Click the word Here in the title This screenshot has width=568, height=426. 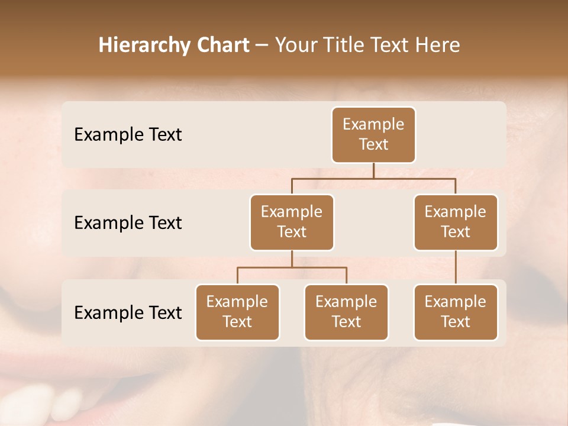click(437, 46)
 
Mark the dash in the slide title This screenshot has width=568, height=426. click(262, 46)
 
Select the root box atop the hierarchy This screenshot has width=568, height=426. click(373, 135)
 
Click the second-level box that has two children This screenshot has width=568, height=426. click(292, 222)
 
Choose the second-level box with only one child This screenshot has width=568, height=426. click(456, 222)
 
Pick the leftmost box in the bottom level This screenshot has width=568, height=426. click(237, 312)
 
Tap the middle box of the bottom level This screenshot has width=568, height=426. click(346, 312)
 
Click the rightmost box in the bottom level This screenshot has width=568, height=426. click(456, 312)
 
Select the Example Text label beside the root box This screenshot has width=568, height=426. click(128, 135)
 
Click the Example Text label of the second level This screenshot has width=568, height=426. click(128, 223)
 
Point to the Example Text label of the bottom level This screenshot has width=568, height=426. click(128, 313)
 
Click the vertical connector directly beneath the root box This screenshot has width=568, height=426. click(373, 170)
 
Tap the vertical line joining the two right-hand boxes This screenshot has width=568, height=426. click(456, 267)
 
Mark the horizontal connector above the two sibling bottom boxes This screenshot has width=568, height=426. click(292, 267)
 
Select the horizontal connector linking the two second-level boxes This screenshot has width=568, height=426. click(373, 178)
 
